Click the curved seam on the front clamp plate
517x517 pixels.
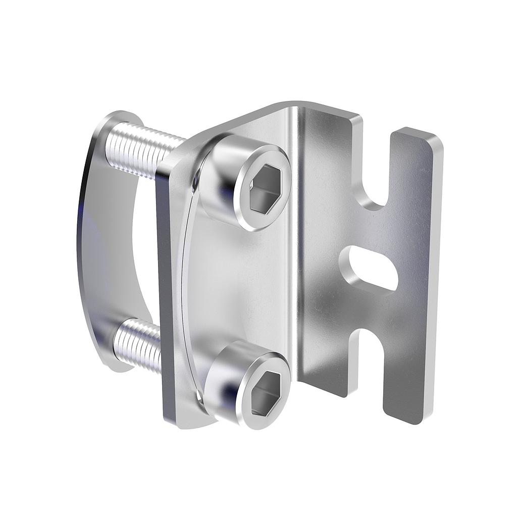[x=186, y=283]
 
